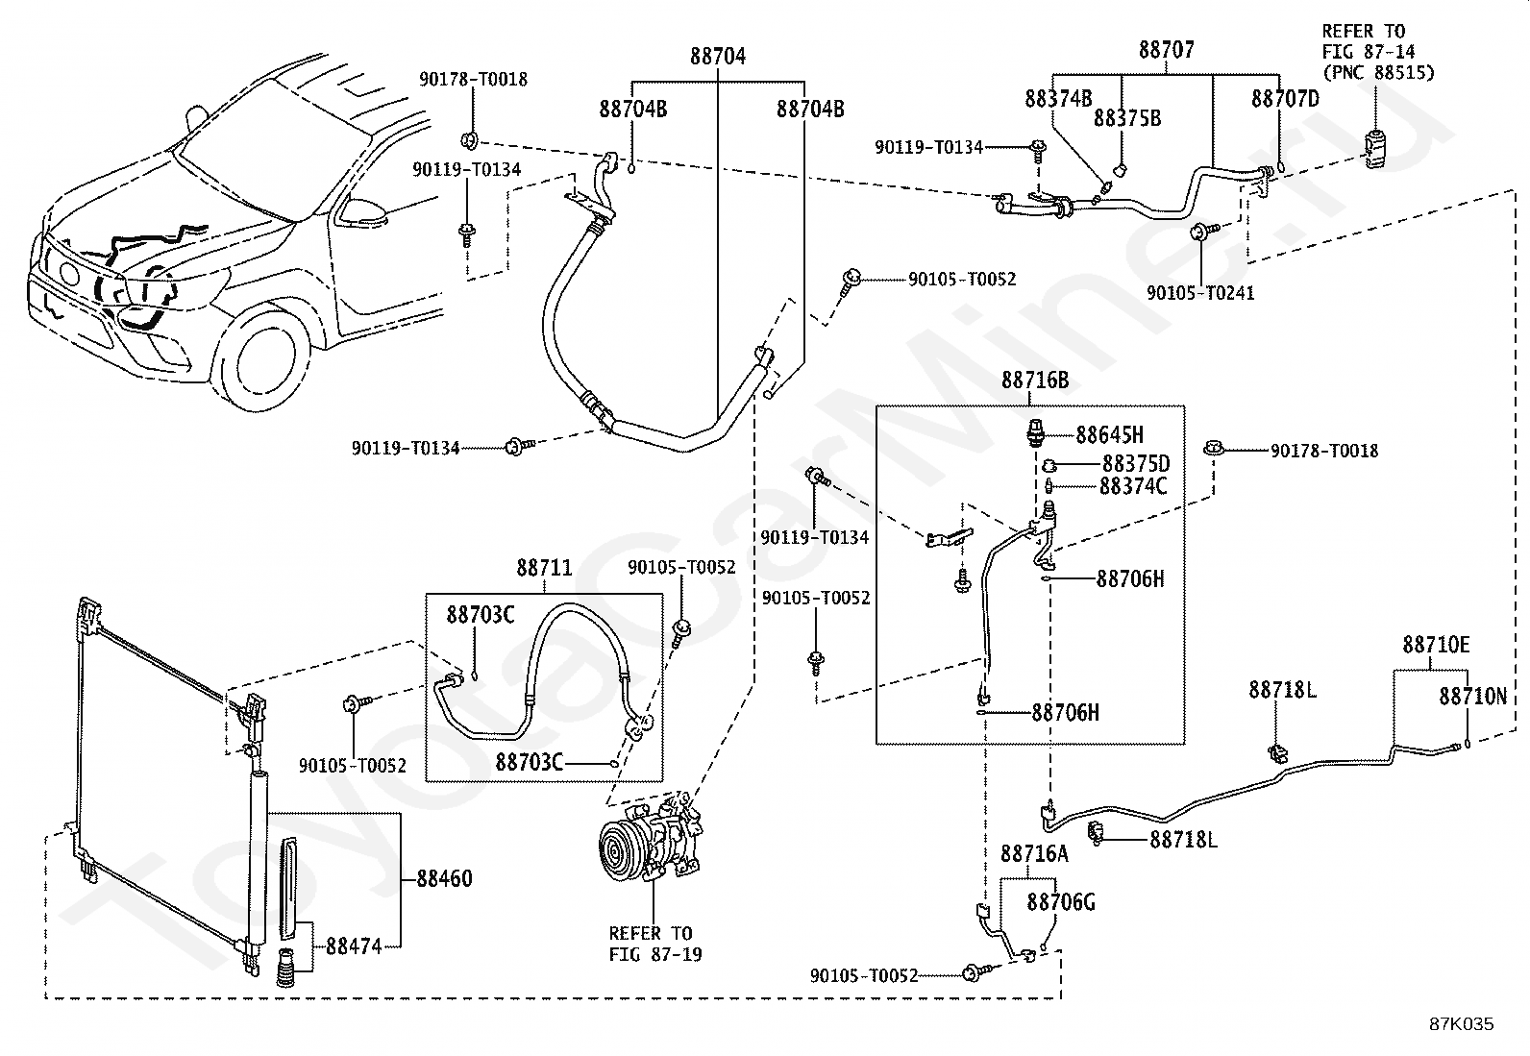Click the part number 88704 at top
coord(717,56)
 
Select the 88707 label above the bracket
coord(1167,50)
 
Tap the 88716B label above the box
coord(1035,380)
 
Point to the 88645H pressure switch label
coord(1109,435)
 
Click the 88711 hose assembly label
coord(544,568)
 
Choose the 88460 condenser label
coord(445,878)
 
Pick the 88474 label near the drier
coord(354,946)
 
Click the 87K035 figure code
coord(1462,1024)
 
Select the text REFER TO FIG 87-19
coord(654,944)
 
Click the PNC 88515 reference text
coord(1378,72)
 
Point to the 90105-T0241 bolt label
coord(1200,293)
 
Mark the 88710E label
coord(1436,645)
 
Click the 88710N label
coord(1472,696)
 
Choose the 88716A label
coord(1035,854)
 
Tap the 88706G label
coord(1061,902)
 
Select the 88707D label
coord(1286,99)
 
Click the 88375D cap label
coord(1136,464)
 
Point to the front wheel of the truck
coord(263,360)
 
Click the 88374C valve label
coord(1133,486)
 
